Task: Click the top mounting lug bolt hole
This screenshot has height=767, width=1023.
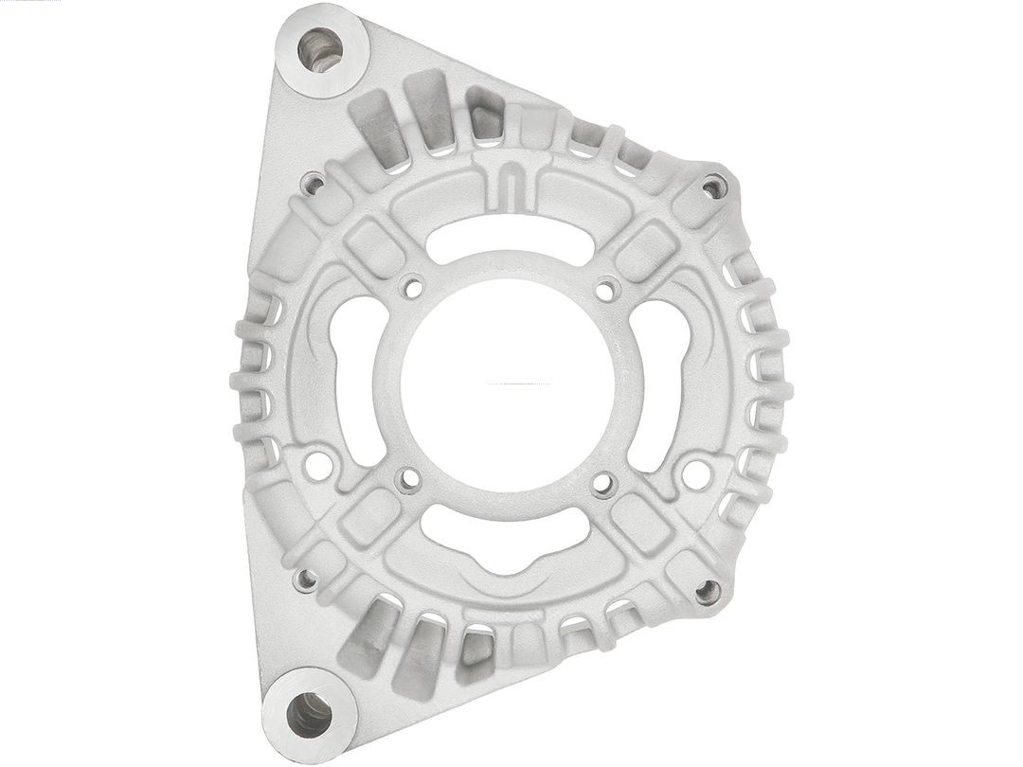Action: point(319,49)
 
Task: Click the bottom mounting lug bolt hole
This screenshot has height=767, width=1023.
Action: point(309,715)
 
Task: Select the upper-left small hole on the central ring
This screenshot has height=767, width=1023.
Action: point(411,286)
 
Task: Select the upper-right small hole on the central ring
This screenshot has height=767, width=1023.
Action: point(605,288)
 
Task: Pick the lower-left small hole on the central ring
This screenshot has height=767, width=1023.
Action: point(409,480)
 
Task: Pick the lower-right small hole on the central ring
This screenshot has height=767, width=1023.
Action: point(603,485)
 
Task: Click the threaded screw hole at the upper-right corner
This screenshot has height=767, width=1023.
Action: point(714,187)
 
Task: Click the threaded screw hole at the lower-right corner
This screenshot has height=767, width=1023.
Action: point(707,592)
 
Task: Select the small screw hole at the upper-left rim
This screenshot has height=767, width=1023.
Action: point(312,182)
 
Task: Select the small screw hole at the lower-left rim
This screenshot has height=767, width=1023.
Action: point(305,580)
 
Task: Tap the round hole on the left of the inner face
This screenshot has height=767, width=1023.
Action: point(318,465)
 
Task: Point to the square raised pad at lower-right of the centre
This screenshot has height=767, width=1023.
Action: point(641,522)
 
